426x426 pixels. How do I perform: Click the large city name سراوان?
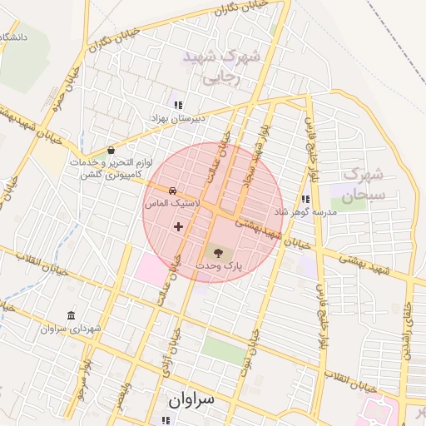point(191,399)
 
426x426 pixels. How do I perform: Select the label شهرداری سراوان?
point(70,329)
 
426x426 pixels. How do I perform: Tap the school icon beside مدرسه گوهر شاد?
point(305,200)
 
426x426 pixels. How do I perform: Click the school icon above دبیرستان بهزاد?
point(177,104)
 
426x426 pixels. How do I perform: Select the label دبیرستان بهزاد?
point(177,119)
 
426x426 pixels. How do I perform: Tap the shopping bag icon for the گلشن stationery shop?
point(111,151)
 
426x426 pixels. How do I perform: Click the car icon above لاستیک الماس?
point(172,191)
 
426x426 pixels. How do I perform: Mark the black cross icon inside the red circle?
point(177,226)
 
